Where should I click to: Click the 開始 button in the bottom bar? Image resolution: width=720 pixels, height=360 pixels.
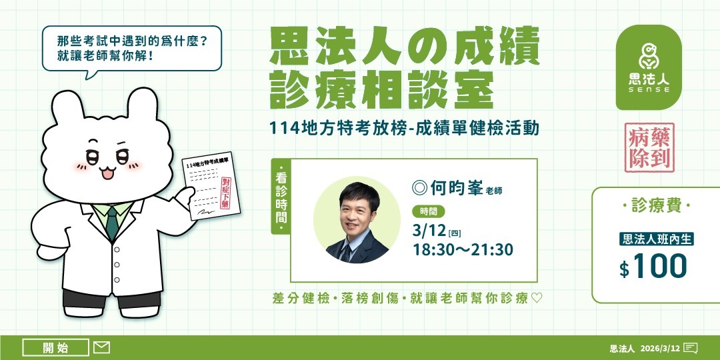(x=55, y=347)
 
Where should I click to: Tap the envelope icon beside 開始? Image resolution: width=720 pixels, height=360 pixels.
(x=101, y=347)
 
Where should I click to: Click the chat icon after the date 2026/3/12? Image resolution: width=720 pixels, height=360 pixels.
(x=691, y=348)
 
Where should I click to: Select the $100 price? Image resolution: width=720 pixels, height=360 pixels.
(x=653, y=267)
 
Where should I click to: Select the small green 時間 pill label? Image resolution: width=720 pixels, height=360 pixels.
(x=429, y=212)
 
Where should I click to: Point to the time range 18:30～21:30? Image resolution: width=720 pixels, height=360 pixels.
(x=463, y=250)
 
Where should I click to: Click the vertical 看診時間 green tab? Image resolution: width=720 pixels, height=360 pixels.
(x=281, y=197)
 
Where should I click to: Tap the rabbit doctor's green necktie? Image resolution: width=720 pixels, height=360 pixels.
(x=112, y=223)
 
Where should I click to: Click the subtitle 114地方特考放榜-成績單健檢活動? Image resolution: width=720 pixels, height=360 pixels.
(x=404, y=127)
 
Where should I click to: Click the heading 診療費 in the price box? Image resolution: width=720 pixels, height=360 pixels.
(x=655, y=207)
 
